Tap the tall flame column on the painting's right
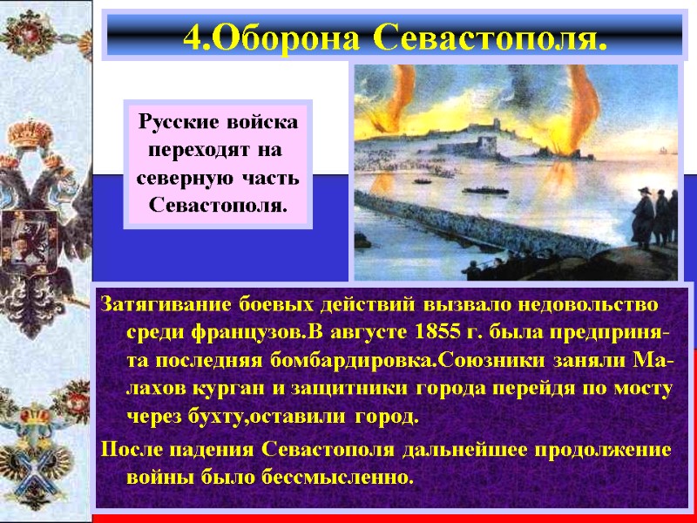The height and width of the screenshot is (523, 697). (x=577, y=105)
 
